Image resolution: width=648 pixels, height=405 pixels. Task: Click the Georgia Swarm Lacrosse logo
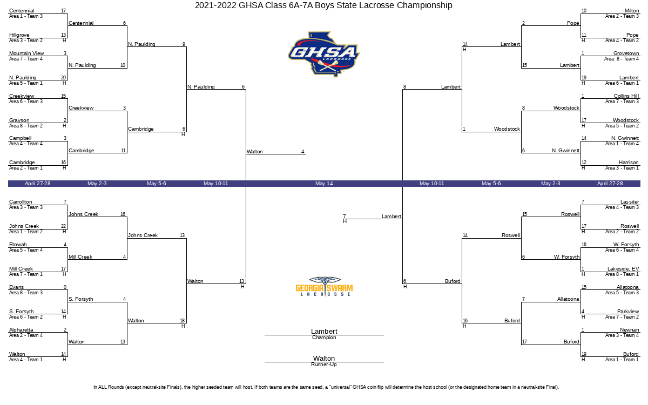point(324,286)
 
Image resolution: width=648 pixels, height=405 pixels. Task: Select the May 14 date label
point(324,184)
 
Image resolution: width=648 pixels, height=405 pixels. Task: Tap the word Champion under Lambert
point(324,338)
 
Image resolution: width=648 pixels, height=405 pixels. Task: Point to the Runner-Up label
point(324,365)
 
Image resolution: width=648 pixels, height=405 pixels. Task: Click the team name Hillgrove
point(19,35)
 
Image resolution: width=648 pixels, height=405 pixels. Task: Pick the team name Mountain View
point(26,53)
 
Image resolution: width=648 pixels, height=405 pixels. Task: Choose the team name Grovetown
point(626,53)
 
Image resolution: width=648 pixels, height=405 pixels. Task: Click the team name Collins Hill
point(626,96)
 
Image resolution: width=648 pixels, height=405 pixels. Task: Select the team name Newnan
point(629,329)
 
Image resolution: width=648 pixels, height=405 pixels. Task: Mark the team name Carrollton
point(21,202)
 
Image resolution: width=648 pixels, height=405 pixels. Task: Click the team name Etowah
point(18,245)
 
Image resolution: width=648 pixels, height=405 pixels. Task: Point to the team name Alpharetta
point(21,329)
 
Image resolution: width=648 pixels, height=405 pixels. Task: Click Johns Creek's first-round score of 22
point(64,226)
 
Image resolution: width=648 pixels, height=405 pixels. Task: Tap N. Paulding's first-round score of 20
point(64,78)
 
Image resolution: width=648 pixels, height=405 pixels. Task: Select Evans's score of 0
point(65,287)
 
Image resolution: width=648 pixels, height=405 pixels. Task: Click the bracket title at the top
point(324,5)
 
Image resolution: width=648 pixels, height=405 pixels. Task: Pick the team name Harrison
point(629,163)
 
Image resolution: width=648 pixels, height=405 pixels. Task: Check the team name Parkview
point(628,312)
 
